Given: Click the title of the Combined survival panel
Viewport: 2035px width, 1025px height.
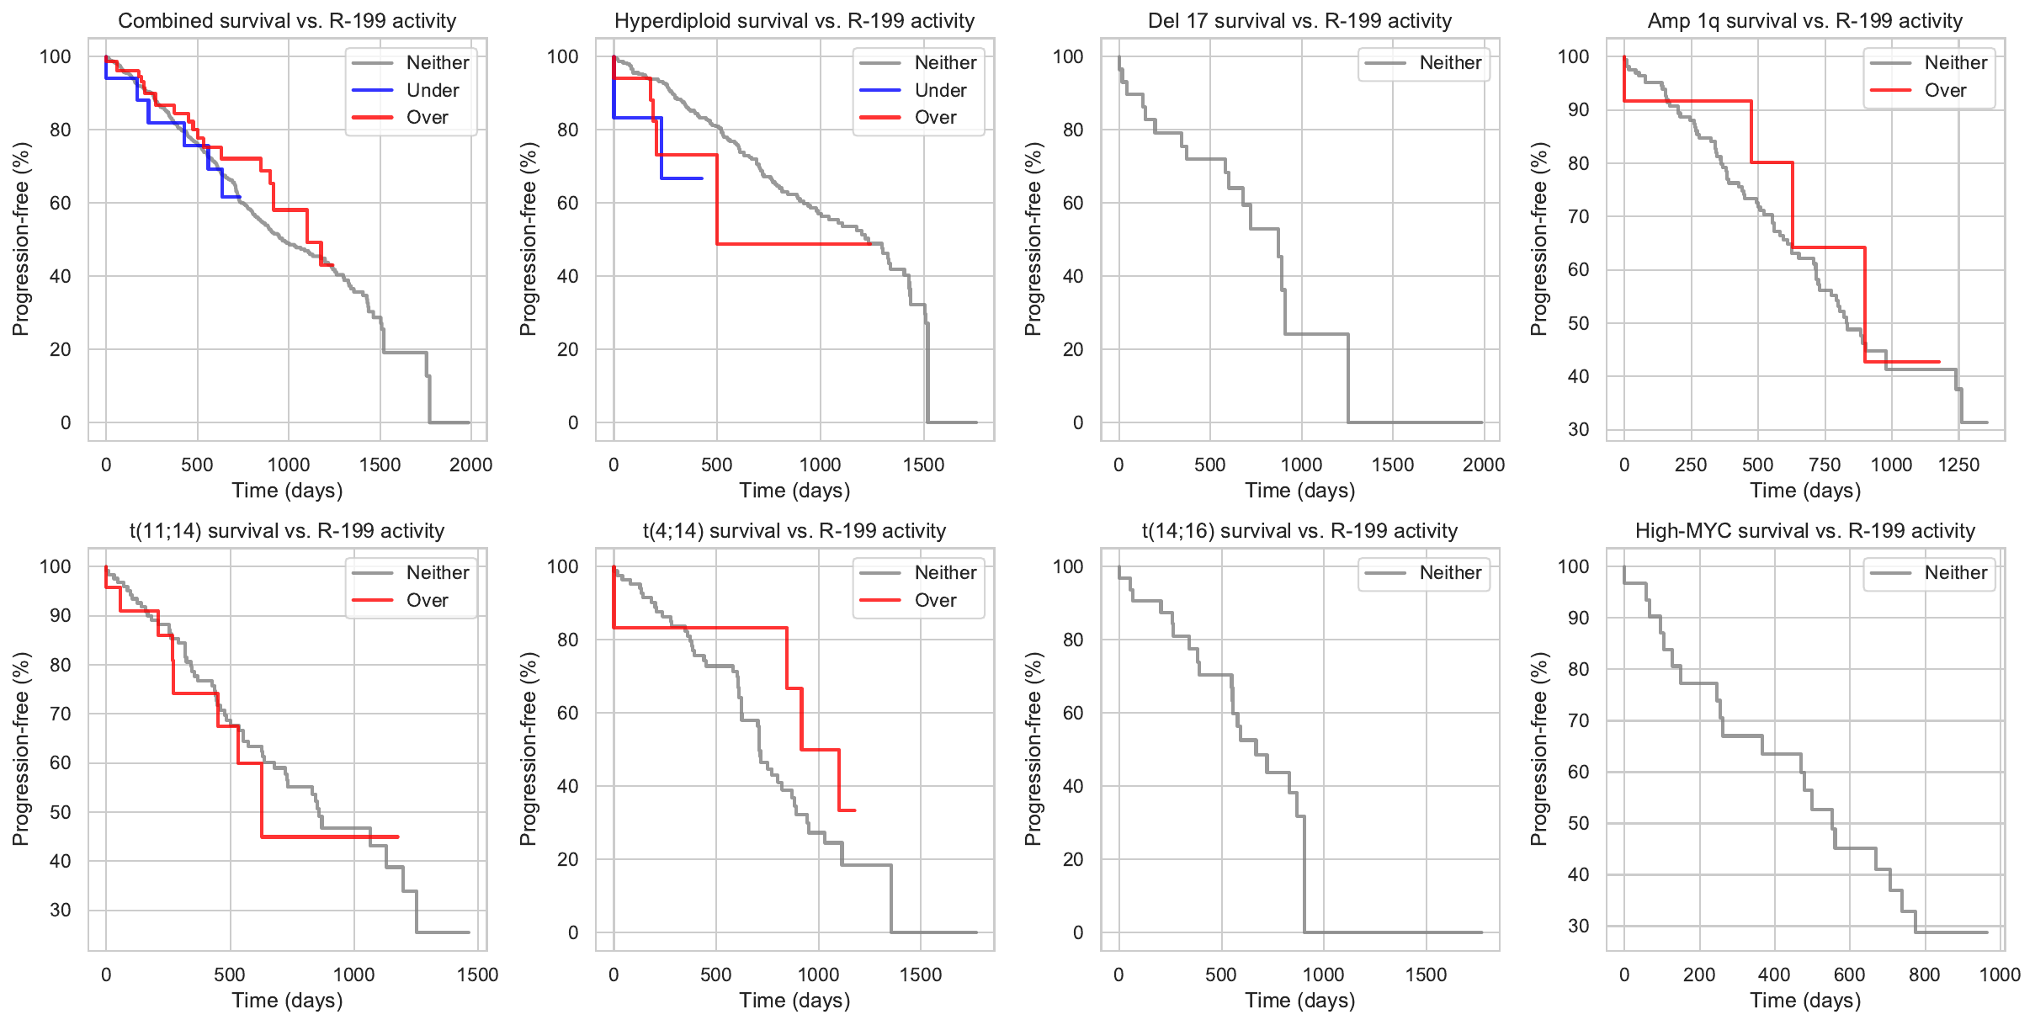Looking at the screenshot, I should click(x=287, y=21).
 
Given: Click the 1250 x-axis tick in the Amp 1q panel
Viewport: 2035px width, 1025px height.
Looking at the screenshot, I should click(x=1958, y=465).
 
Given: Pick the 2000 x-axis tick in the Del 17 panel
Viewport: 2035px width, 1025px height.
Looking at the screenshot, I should click(x=1483, y=465).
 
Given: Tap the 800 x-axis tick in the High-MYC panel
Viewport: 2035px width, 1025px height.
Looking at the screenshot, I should click(x=1924, y=975).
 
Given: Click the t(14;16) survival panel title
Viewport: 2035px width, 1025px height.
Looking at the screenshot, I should click(x=1299, y=531).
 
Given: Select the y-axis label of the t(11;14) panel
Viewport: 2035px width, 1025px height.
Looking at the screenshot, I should click(x=21, y=749).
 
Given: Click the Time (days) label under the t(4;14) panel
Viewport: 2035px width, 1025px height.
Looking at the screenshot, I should click(x=794, y=1001).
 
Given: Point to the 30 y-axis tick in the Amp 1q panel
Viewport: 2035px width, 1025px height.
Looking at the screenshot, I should click(x=1578, y=429).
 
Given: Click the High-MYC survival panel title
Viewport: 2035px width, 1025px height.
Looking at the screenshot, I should click(x=1804, y=531).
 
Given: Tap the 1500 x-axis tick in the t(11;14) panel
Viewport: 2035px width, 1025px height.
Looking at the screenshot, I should click(x=477, y=975).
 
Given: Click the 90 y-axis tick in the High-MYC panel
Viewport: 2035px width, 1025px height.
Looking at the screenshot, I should click(x=1578, y=618).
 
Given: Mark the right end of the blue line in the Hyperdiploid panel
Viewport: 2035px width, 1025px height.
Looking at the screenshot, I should click(x=702, y=178).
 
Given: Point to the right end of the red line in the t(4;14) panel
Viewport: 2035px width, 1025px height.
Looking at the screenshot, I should click(x=854, y=810).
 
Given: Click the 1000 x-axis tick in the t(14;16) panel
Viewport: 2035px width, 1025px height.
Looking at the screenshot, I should click(x=1323, y=975).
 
